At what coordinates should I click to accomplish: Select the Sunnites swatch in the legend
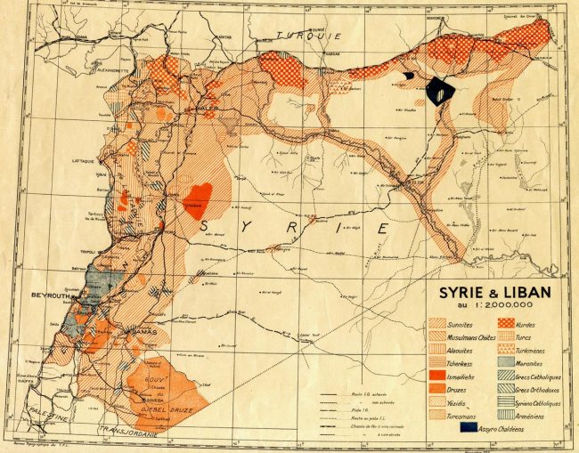[439, 324]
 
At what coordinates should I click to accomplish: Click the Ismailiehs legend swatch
[439, 375]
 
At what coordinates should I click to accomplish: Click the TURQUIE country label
[303, 35]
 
